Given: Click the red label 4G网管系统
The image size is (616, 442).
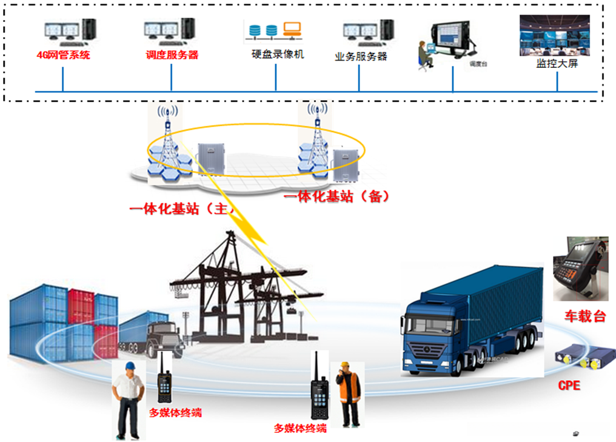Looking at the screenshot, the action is (x=63, y=55).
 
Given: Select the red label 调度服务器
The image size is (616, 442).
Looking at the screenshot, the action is (x=172, y=55).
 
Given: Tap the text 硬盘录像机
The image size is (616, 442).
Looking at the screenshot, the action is (x=278, y=55).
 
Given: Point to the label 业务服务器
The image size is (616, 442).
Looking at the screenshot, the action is (x=361, y=56).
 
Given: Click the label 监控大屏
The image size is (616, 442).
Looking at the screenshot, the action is (x=557, y=63).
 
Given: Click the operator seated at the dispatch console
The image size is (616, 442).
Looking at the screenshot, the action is (x=424, y=56).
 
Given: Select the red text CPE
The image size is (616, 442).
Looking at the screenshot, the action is (x=569, y=384).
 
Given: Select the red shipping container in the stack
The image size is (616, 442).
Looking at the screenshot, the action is (x=81, y=306).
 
